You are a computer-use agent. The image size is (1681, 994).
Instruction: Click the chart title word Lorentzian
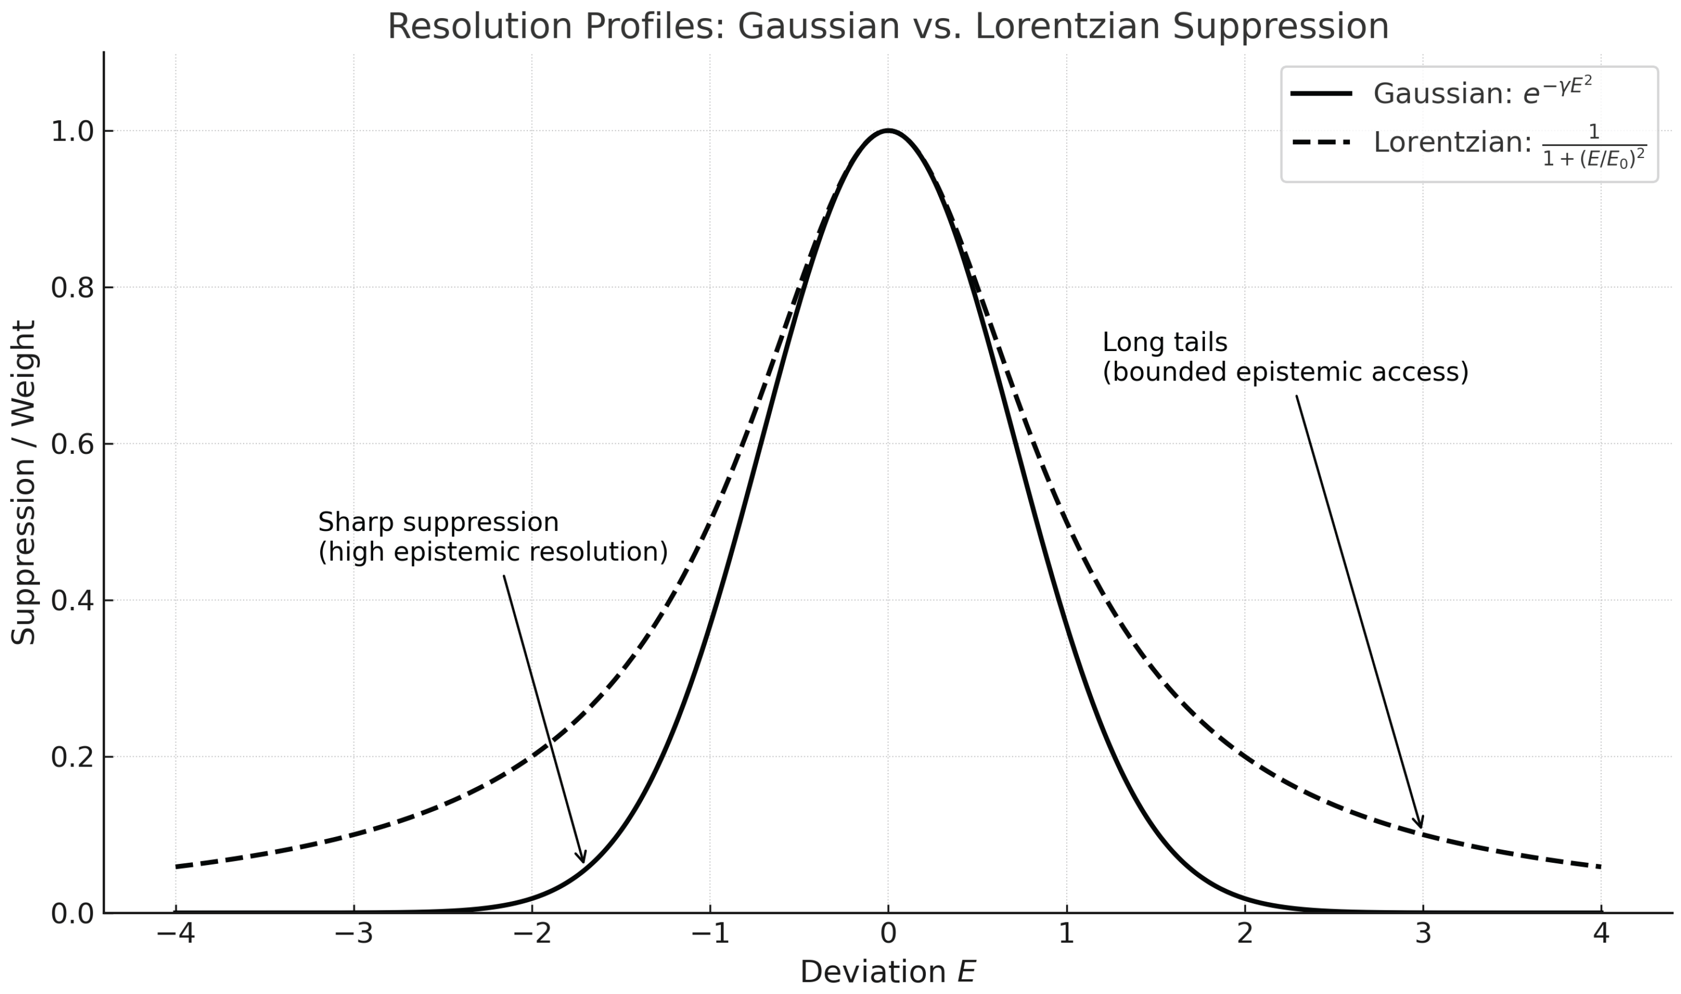click(x=1067, y=27)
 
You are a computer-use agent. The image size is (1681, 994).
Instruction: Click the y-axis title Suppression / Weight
click(x=23, y=482)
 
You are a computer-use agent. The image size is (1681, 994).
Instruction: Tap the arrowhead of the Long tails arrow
click(x=1420, y=826)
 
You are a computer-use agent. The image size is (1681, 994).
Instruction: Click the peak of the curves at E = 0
click(x=889, y=131)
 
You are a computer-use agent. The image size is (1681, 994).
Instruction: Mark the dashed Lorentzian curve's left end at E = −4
click(x=176, y=867)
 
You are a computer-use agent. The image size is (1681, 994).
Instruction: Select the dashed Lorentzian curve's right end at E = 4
click(x=1601, y=867)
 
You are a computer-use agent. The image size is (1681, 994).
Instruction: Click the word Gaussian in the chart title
click(x=818, y=27)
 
